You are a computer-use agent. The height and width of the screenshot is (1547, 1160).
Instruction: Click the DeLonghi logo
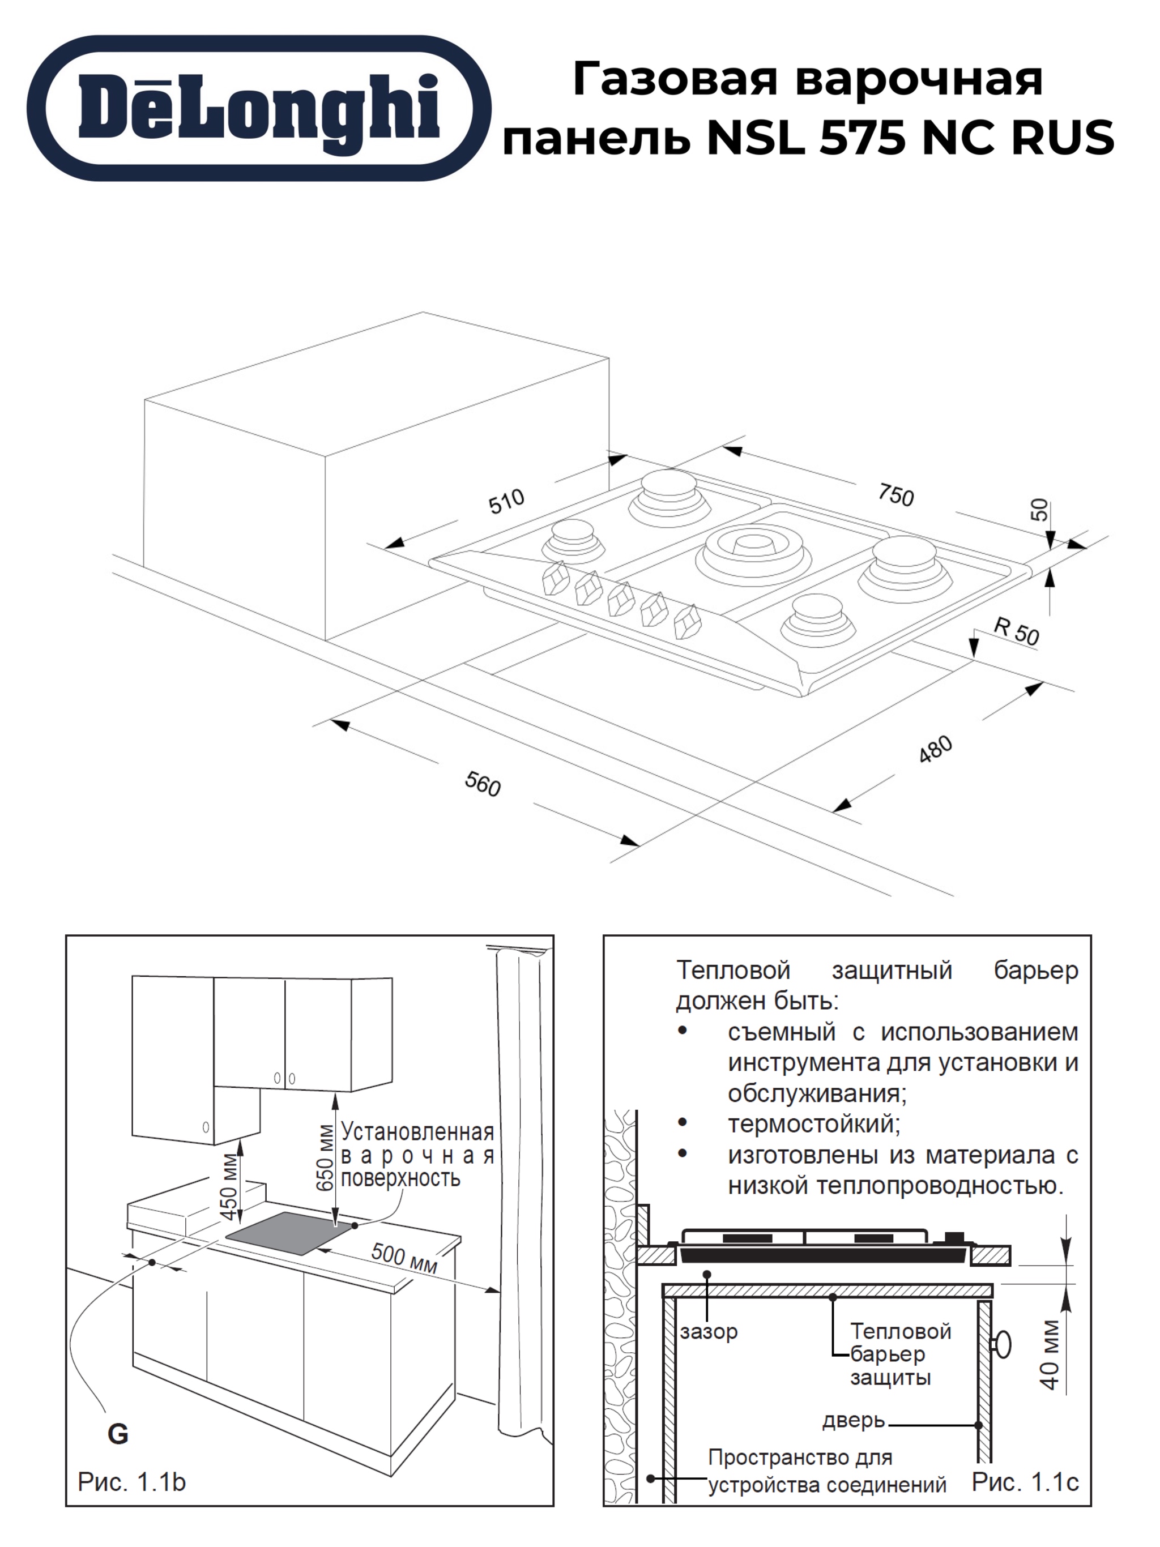[x=259, y=108]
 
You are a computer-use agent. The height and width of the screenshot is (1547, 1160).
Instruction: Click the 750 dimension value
[x=895, y=495]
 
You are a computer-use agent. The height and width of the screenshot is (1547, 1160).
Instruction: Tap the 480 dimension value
[x=935, y=750]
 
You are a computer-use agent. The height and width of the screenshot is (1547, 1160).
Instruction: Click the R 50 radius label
[x=1017, y=630]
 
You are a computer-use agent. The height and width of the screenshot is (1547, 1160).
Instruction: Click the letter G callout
[x=118, y=1433]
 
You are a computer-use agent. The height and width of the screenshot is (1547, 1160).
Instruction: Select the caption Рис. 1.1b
[x=131, y=1481]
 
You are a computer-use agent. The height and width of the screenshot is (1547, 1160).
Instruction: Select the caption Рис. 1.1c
[x=1025, y=1481]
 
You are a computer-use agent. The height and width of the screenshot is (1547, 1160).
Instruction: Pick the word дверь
[x=854, y=1420]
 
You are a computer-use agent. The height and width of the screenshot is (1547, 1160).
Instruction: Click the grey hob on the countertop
[x=288, y=1233]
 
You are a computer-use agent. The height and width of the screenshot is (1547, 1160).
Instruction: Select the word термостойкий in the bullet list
[x=813, y=1125]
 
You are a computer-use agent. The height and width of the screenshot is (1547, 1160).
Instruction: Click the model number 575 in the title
[x=865, y=137]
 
